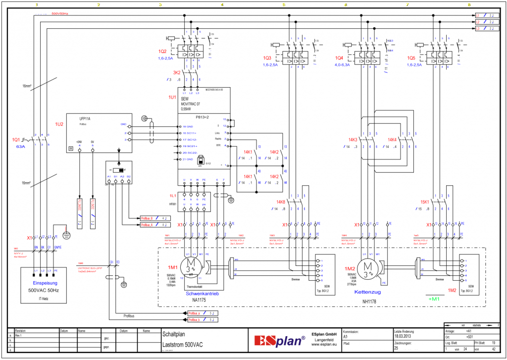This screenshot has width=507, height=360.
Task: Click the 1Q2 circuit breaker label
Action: point(162,51)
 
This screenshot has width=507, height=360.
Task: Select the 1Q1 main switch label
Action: point(16,140)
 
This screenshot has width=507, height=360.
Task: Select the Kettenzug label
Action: point(367,292)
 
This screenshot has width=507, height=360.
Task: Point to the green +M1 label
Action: point(434,299)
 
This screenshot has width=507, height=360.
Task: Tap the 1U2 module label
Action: point(59,124)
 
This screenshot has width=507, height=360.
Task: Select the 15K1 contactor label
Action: point(424,202)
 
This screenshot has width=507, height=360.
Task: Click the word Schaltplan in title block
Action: point(173,334)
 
